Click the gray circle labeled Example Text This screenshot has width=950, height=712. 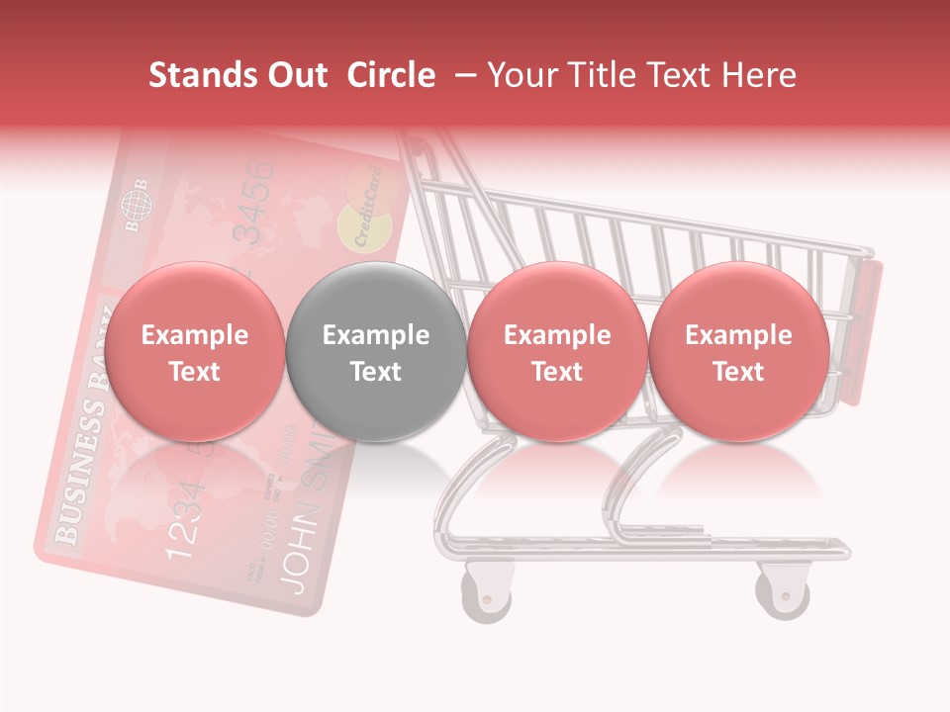[x=376, y=352]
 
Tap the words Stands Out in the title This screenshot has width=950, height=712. [x=237, y=75]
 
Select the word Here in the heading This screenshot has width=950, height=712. [x=761, y=75]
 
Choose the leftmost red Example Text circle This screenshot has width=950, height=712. [x=195, y=352]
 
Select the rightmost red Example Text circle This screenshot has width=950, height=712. [x=739, y=352]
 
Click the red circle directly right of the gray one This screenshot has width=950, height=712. [x=557, y=352]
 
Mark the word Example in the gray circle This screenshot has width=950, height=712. [x=376, y=335]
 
